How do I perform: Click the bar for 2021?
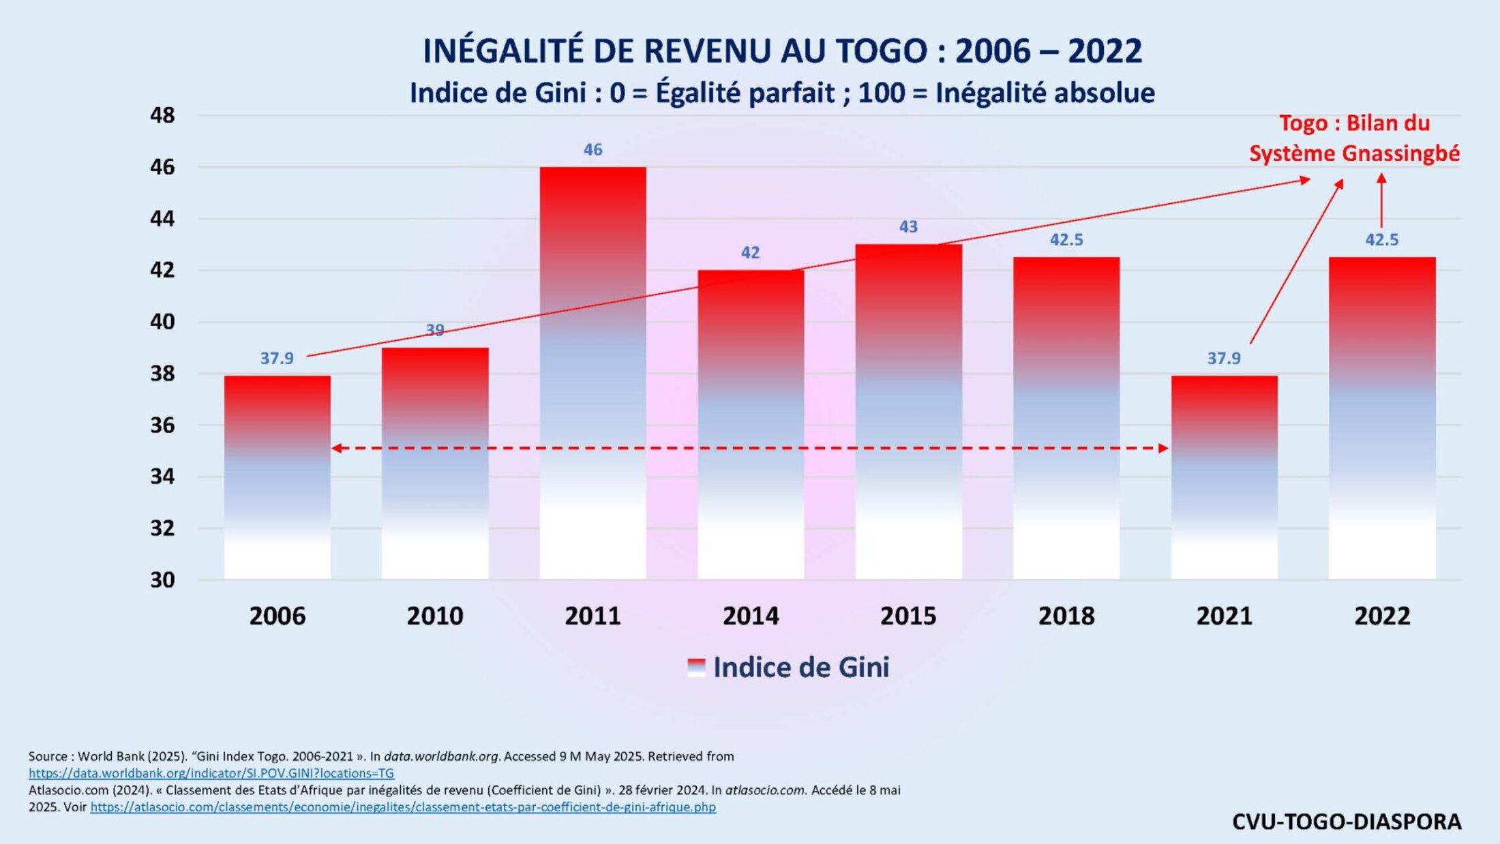pyautogui.click(x=1224, y=477)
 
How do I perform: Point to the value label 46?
pyautogui.click(x=592, y=150)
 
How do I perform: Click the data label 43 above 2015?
pyautogui.click(x=908, y=227)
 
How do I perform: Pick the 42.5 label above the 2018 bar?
pyautogui.click(x=1066, y=240)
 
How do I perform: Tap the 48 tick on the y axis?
pyautogui.click(x=162, y=115)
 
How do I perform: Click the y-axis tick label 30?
pyautogui.click(x=162, y=579)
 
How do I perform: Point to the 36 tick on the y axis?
pyautogui.click(x=162, y=425)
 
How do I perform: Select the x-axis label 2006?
pyautogui.click(x=277, y=616)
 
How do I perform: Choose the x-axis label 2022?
pyautogui.click(x=1381, y=616)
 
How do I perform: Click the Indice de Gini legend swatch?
pyautogui.click(x=696, y=667)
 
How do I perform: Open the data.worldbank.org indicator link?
pyautogui.click(x=211, y=773)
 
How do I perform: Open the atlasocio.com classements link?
pyautogui.click(x=403, y=807)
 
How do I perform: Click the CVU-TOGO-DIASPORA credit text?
pyautogui.click(x=1347, y=822)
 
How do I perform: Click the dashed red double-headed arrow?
pyautogui.click(x=750, y=449)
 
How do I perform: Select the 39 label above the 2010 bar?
pyautogui.click(x=435, y=331)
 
